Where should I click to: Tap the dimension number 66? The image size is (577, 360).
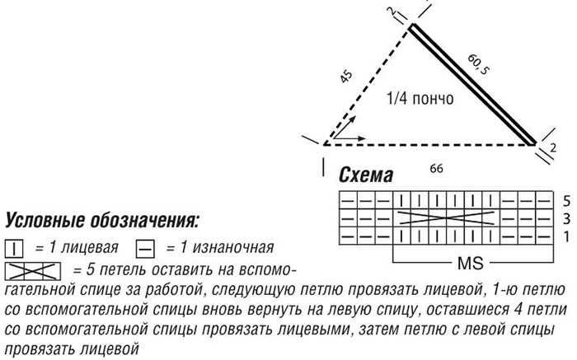pyautogui.click(x=437, y=168)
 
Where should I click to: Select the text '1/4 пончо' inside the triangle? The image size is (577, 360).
pyautogui.click(x=420, y=100)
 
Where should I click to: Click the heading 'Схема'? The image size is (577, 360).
pyautogui.click(x=366, y=175)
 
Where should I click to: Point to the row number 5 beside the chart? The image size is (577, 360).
pyautogui.click(x=566, y=199)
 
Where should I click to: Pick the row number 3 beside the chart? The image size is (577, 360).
pyautogui.click(x=566, y=218)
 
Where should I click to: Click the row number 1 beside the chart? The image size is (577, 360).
pyautogui.click(x=566, y=236)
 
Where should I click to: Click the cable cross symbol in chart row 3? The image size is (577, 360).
pyautogui.click(x=449, y=218)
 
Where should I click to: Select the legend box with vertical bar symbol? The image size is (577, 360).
pyautogui.click(x=14, y=247)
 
